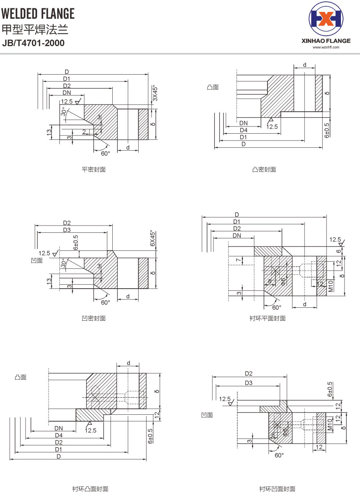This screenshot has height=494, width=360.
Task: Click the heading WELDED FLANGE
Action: click(x=38, y=14)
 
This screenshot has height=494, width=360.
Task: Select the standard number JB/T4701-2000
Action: click(x=33, y=43)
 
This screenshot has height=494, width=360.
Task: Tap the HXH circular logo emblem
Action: click(x=326, y=19)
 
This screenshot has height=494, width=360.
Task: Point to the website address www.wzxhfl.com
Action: click(x=326, y=47)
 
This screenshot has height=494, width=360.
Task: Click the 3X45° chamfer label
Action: click(x=155, y=93)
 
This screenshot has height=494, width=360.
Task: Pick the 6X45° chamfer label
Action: click(x=153, y=239)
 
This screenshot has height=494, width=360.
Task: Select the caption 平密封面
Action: click(x=94, y=169)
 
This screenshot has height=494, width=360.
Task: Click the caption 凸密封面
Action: click(x=264, y=169)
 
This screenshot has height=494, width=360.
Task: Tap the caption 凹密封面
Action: click(x=94, y=318)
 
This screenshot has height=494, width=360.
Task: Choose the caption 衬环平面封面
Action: click(x=267, y=318)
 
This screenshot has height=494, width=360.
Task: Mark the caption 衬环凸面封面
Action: click(x=90, y=489)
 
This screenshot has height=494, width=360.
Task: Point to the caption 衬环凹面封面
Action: click(x=277, y=489)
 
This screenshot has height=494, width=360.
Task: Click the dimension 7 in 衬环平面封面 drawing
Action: click(x=238, y=260)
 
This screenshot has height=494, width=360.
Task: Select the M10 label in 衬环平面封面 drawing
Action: click(x=330, y=286)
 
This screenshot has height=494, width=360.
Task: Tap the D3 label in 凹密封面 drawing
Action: click(x=67, y=230)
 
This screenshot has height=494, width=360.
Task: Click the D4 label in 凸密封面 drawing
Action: click(x=244, y=130)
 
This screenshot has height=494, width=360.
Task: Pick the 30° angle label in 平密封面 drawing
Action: click(x=64, y=112)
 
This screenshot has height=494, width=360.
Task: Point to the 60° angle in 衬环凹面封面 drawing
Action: click(x=279, y=455)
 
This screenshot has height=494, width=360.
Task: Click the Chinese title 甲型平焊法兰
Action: click(x=35, y=29)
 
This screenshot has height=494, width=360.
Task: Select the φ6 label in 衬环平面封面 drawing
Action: click(x=283, y=281)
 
